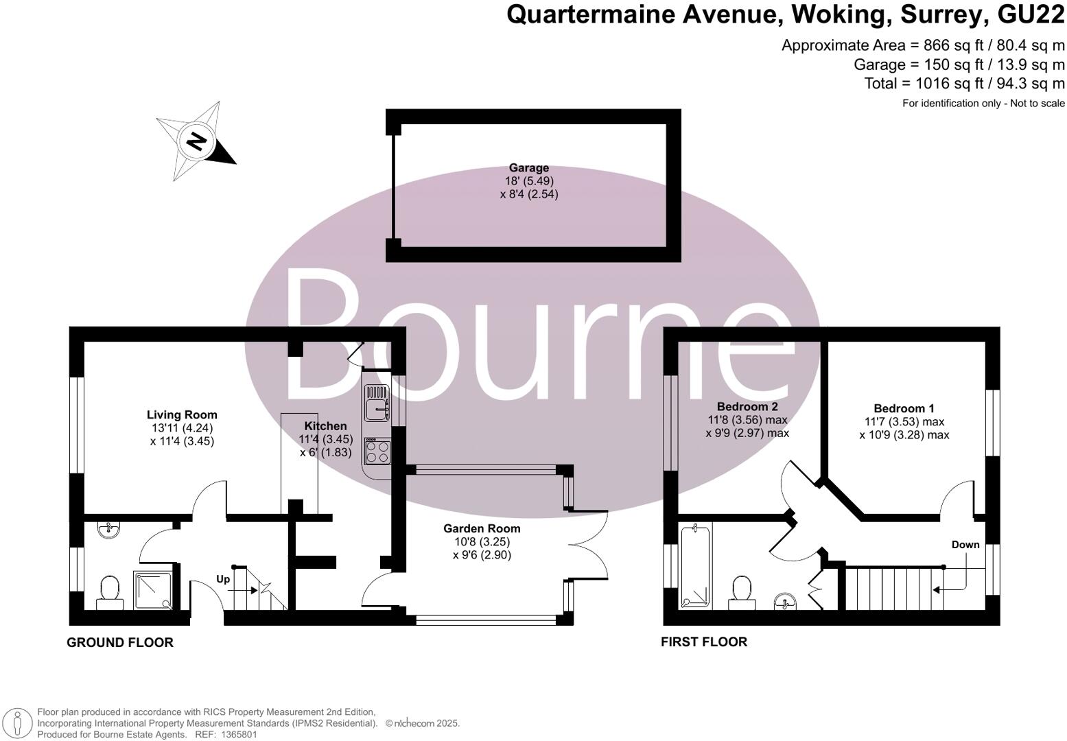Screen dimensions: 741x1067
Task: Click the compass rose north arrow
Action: (196, 141)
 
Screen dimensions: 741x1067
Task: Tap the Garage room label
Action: (528, 168)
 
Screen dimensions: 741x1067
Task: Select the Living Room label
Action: (182, 414)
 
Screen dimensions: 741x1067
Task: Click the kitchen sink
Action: (376, 403)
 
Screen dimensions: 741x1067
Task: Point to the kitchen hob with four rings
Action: (376, 451)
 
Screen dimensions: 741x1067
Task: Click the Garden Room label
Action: (482, 528)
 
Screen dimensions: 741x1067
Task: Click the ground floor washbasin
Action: (108, 530)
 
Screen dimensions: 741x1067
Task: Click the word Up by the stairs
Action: (223, 579)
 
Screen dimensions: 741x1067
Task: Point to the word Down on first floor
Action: (965, 545)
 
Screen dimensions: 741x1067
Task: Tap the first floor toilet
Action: (741, 592)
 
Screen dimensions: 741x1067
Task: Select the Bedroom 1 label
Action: (904, 408)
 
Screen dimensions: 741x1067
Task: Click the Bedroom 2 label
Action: (747, 406)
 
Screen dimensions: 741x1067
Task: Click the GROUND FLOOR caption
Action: (119, 643)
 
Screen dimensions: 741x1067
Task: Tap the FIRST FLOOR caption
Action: (703, 642)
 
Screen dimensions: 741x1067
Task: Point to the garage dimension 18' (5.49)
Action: (528, 181)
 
